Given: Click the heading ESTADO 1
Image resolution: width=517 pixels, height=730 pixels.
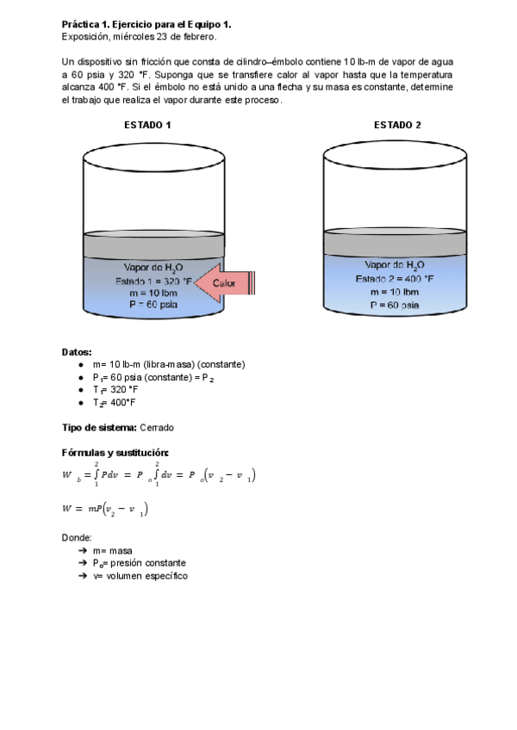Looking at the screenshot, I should point(147,125).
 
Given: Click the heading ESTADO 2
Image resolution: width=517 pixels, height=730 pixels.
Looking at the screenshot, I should point(397,125).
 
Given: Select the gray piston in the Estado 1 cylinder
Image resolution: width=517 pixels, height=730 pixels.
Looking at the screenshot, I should point(153,244).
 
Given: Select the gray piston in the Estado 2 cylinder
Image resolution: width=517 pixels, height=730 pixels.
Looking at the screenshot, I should point(396,243).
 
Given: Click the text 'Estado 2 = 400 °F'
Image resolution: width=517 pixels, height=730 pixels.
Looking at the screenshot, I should point(395,279).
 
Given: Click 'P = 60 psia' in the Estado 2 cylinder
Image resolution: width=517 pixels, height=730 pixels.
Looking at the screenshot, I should point(395,305).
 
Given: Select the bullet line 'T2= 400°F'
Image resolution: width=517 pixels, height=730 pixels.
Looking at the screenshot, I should point(115,402).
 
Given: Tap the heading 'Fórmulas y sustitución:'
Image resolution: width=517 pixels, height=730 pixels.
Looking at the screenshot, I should point(115,453).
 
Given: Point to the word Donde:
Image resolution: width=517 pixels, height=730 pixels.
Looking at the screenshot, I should point(77,537).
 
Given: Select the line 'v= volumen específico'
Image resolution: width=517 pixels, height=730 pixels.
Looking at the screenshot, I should point(140,576).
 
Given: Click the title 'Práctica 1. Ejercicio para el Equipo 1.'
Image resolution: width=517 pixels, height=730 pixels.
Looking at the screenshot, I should point(146,25).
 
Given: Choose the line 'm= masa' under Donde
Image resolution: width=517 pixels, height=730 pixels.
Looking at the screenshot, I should point(113,550).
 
